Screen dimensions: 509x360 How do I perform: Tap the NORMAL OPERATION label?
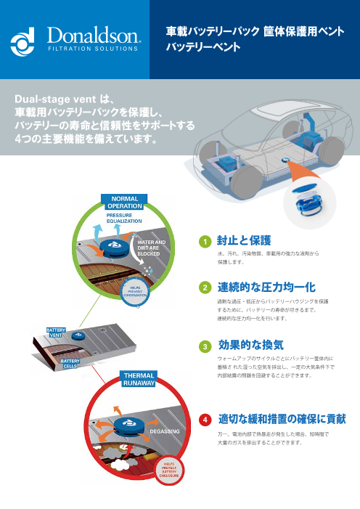point(124,201)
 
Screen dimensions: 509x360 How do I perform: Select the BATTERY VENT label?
point(57,333)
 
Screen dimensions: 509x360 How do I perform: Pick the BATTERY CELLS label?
point(70,363)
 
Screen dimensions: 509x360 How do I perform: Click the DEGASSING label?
point(164,431)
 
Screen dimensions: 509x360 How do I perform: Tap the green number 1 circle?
point(206,241)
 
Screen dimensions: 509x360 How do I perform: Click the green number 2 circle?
point(206,288)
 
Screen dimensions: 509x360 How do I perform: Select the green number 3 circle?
point(206,345)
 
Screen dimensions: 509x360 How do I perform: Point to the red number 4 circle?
point(206,420)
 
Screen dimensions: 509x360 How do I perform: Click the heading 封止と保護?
point(244,240)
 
